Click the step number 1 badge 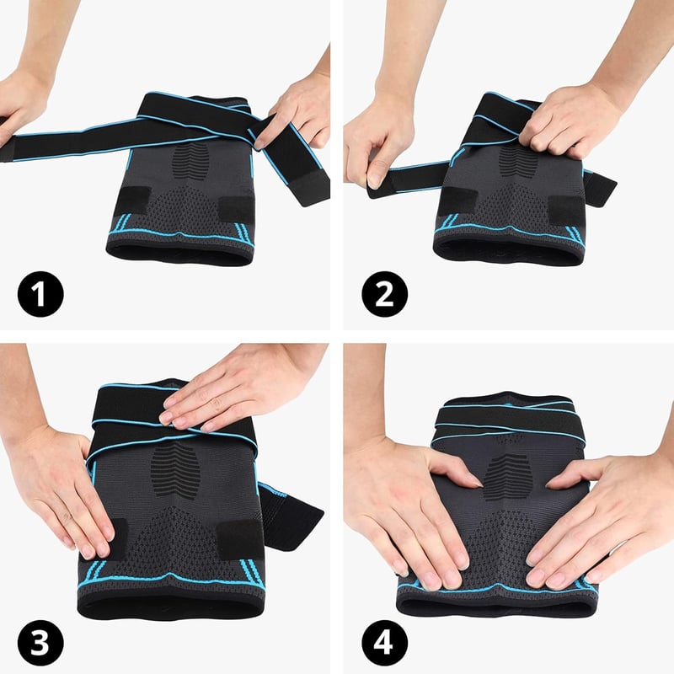(x=40, y=294)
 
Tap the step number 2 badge (x=385, y=294)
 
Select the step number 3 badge (x=40, y=643)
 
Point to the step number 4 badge (x=385, y=643)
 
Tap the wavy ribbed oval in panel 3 (x=176, y=469)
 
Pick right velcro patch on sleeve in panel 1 (x=236, y=209)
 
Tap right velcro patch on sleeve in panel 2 (x=566, y=210)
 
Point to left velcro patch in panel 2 (x=458, y=201)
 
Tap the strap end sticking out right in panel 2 (x=600, y=188)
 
